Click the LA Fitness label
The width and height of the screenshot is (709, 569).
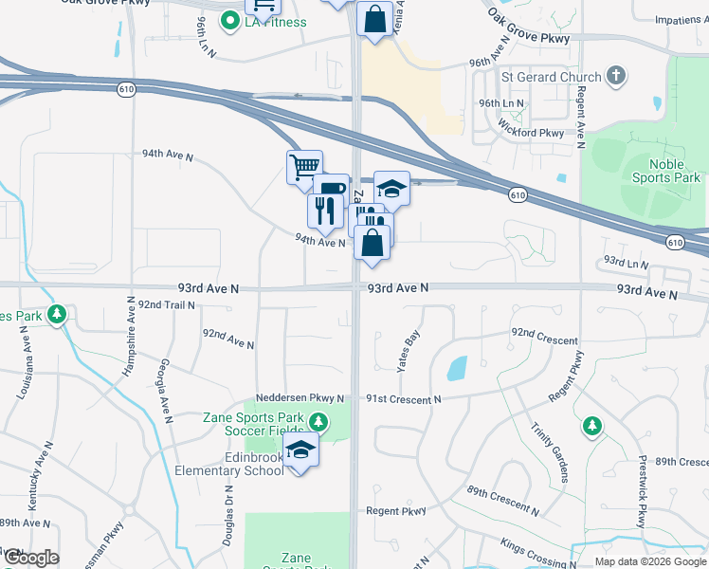276,21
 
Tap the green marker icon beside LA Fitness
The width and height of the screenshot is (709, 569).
229,20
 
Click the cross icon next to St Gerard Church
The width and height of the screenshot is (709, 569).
616,76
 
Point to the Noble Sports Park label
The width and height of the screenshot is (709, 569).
666,171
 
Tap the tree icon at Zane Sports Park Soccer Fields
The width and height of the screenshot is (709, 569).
319,422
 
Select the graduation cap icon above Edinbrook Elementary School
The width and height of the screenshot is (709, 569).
300,448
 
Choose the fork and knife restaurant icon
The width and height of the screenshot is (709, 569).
324,211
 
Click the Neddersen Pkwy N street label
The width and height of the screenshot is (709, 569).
298,399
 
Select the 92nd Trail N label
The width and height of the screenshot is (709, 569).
166,304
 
